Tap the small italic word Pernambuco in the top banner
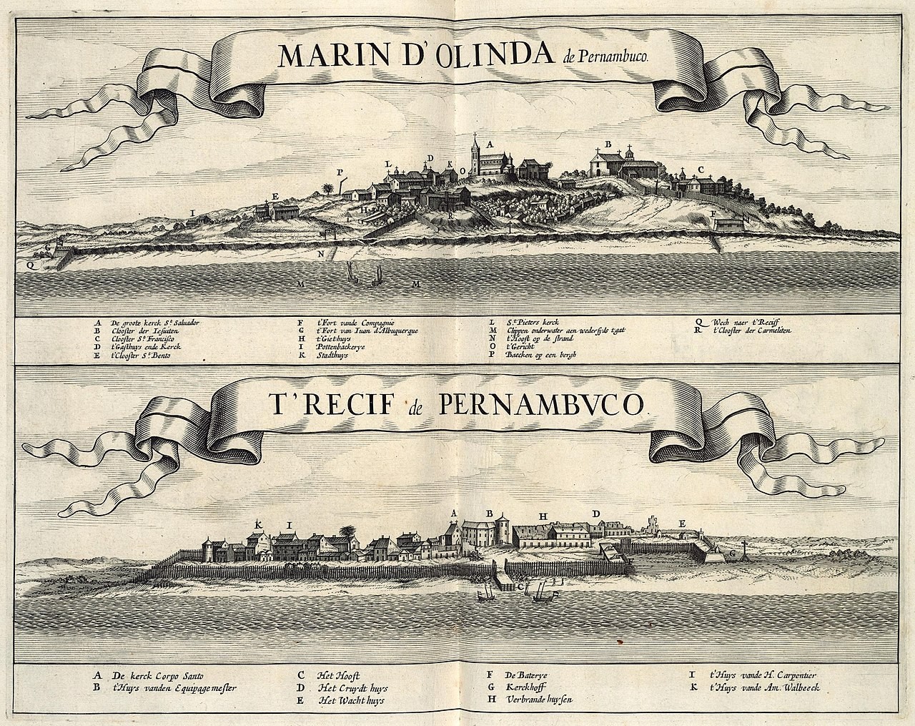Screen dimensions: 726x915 tap(614, 60)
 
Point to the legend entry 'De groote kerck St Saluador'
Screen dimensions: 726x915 tap(154, 323)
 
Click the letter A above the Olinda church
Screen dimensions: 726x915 tap(490, 144)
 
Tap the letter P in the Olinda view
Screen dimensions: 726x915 tap(340, 172)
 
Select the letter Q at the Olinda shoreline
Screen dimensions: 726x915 tap(28, 263)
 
